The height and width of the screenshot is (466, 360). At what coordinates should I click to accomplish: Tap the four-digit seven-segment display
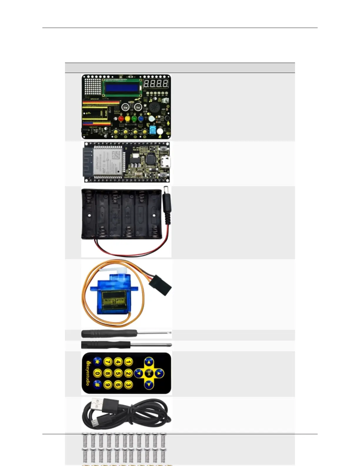156,84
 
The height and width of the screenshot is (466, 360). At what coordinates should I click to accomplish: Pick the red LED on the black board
121,119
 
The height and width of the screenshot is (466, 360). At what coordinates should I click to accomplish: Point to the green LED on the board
134,119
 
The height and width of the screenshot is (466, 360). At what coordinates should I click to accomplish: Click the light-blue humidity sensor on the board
153,131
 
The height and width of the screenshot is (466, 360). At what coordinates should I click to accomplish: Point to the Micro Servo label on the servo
114,301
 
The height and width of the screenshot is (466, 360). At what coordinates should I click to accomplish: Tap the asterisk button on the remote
97,362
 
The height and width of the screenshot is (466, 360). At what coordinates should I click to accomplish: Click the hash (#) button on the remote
97,384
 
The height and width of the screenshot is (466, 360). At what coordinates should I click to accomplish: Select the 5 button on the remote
118,373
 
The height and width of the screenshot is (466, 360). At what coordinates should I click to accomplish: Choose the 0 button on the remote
97,373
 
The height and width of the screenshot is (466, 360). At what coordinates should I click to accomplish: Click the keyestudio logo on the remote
87,373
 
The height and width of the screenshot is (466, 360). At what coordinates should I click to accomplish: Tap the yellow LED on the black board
128,119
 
